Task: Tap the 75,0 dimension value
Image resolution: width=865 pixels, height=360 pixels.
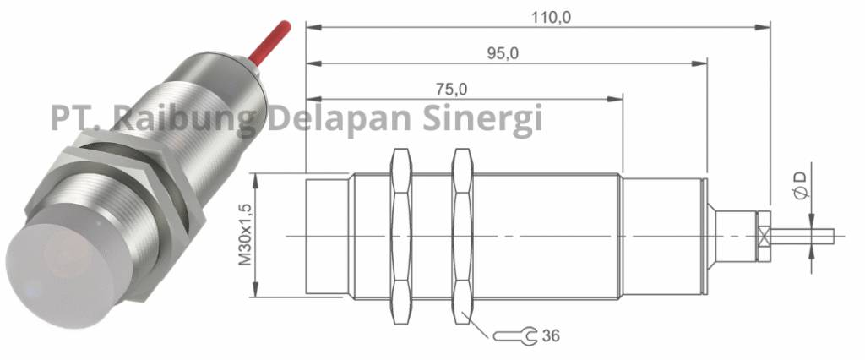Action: point(451,88)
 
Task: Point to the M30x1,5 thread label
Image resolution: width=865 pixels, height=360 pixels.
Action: point(245,235)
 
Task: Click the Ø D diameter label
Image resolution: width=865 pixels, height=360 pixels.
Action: point(799,185)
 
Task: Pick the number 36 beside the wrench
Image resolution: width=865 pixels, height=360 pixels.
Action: point(550,335)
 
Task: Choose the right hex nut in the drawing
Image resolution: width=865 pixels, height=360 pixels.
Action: point(462,236)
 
